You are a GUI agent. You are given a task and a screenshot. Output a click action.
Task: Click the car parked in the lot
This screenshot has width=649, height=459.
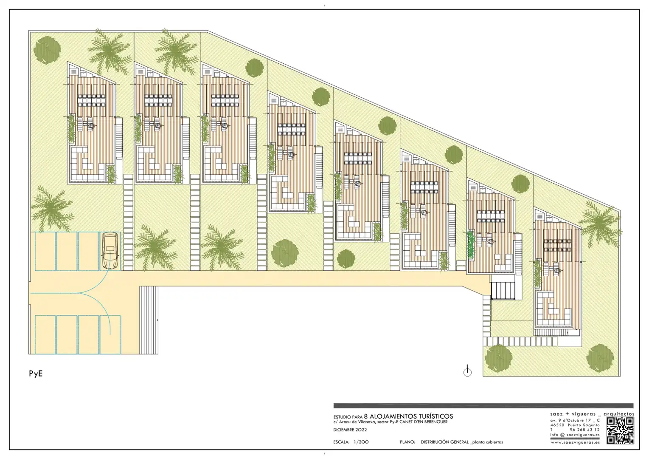(110, 251)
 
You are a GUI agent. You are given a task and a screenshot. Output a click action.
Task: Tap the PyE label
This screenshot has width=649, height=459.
(36, 374)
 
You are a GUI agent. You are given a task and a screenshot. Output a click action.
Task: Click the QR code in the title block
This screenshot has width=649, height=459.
(620, 430)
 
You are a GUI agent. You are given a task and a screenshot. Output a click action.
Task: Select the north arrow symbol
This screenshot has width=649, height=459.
(467, 371)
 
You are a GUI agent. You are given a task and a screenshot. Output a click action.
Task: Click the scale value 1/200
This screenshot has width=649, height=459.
(361, 442)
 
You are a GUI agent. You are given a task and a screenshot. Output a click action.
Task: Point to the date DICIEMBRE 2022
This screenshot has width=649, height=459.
(350, 430)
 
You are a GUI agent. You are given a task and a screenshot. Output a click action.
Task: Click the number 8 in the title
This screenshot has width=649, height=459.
(366, 416)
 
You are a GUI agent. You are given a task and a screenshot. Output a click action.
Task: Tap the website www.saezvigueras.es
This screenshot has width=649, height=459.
(575, 442)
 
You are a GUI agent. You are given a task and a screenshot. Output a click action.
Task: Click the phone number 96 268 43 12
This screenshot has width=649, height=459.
(584, 430)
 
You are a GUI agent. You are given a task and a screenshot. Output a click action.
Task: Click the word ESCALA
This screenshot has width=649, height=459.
(341, 442)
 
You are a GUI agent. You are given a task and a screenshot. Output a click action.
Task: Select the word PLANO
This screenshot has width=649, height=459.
(407, 442)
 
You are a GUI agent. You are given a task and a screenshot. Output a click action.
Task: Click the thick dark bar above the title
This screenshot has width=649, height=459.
(483, 405)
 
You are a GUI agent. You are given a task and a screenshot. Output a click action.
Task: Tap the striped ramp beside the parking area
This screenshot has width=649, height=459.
(149, 320)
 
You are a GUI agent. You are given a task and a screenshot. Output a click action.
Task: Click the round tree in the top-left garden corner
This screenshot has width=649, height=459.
(47, 51)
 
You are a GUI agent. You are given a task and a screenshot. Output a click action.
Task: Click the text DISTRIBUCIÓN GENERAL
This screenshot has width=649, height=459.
(445, 442)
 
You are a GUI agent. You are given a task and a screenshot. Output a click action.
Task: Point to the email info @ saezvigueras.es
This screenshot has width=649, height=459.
(575, 435)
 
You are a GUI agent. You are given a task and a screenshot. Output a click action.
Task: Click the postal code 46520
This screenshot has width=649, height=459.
(557, 425)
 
